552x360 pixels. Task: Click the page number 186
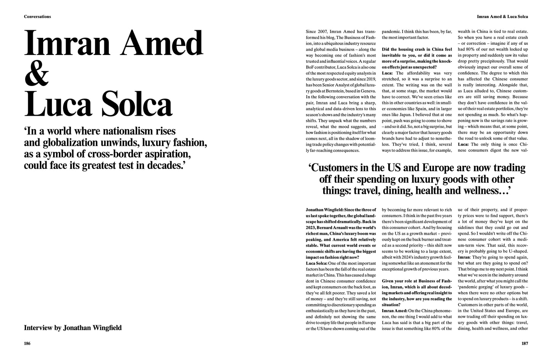(27, 343)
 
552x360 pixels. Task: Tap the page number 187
(524, 343)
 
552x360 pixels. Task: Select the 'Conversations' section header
(37, 17)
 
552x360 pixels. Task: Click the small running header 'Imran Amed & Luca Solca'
(502, 17)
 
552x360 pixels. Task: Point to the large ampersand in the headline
(37, 74)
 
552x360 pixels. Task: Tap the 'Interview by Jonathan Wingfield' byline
(73, 328)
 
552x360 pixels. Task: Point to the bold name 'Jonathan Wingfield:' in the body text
(324, 210)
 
